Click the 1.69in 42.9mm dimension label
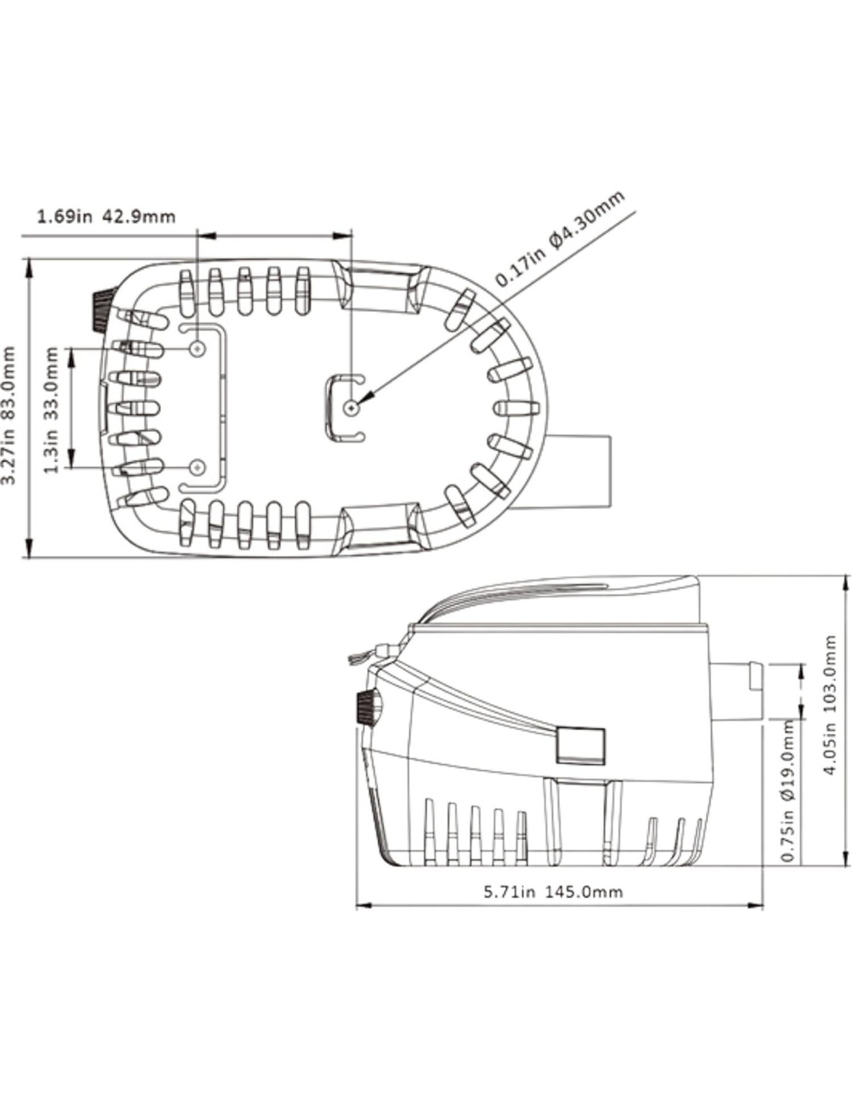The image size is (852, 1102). tap(106, 216)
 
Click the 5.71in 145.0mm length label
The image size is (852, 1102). tap(553, 891)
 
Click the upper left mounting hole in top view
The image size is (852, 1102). tap(198, 349)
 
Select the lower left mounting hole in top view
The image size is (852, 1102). tap(198, 467)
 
